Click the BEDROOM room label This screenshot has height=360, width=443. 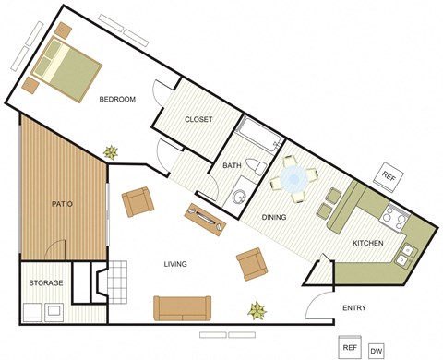(x=118, y=100)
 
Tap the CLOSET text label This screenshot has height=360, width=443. (x=198, y=119)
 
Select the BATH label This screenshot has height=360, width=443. (x=232, y=165)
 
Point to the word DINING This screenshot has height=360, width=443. (x=273, y=218)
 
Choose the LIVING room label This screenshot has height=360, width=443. (x=175, y=264)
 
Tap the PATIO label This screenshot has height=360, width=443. (x=63, y=204)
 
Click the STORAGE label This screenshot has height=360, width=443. (x=45, y=282)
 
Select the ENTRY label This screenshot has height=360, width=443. (x=356, y=307)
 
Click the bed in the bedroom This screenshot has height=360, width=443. (x=66, y=69)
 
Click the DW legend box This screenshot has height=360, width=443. (x=376, y=351)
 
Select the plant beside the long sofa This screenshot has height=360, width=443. (x=254, y=309)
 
